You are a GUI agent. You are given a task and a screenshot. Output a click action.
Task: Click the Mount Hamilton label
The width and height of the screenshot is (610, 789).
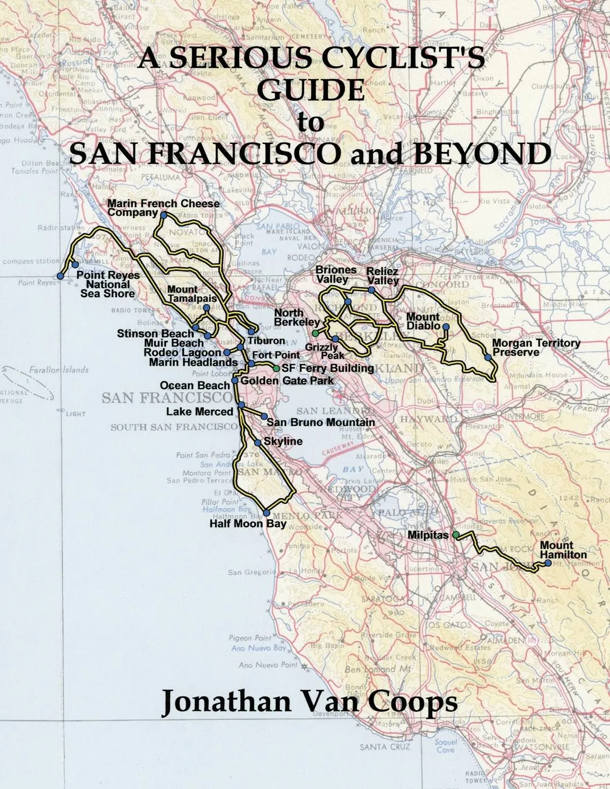563,550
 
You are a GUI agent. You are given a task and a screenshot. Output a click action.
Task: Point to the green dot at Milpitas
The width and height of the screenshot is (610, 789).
456,534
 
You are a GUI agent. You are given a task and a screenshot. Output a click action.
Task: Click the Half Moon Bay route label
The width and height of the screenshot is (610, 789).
248,524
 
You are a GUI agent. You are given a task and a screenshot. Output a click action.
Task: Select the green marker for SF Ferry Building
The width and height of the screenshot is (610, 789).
276,368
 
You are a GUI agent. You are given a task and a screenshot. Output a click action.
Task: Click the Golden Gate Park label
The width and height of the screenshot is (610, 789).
287,381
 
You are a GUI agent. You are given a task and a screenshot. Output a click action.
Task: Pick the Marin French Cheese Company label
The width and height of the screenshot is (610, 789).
163,208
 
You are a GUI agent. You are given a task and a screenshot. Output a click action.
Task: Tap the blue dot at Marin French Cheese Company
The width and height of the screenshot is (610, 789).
164,215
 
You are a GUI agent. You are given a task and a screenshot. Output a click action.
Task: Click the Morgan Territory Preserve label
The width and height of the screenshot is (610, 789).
535,348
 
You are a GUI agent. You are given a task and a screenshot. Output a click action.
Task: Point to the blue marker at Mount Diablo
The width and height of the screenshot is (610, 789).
446,327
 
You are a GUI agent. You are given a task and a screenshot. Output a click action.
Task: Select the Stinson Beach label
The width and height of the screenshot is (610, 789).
155,334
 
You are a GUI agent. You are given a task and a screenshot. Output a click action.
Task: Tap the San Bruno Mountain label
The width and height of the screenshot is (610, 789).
320,422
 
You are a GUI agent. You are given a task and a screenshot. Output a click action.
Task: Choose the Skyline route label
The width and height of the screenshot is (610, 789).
283,441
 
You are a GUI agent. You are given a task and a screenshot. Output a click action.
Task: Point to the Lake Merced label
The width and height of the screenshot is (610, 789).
199,411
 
